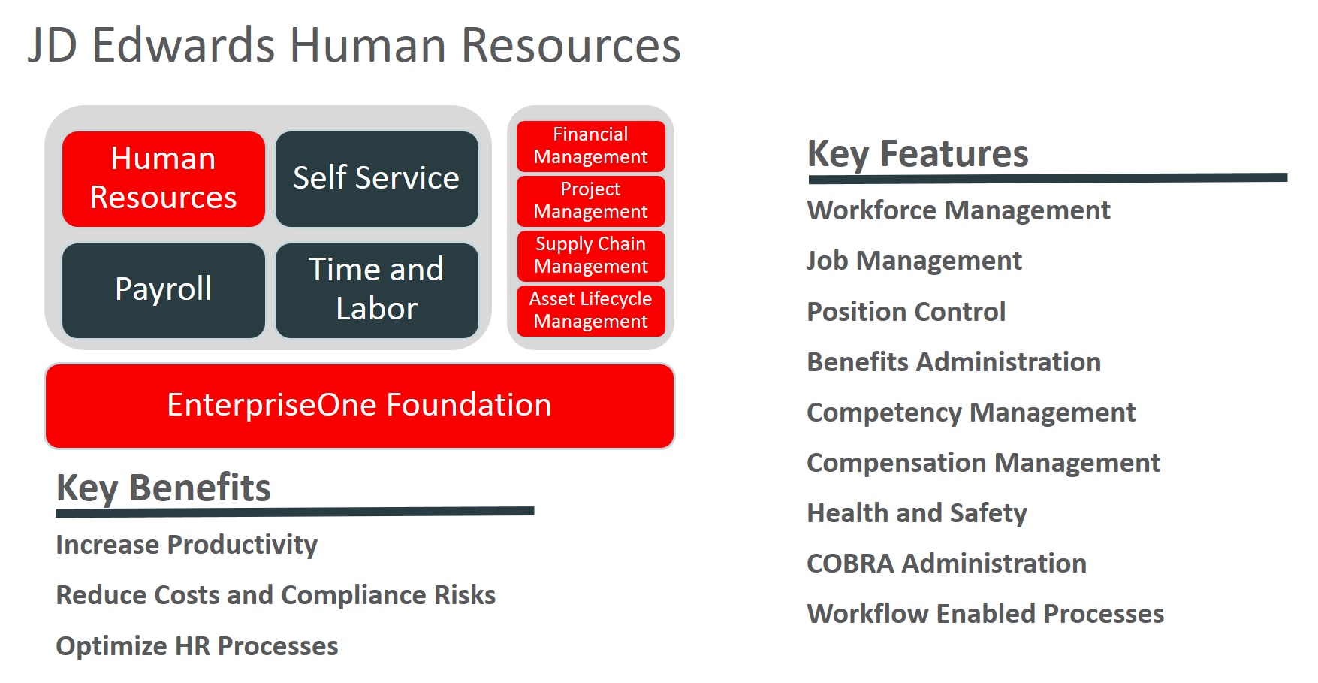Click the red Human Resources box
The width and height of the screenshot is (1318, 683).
click(164, 179)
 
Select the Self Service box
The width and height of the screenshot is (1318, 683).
click(377, 179)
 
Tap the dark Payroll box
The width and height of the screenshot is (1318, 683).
click(164, 291)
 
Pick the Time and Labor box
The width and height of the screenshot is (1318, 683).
click(377, 291)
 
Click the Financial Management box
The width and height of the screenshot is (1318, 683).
click(591, 147)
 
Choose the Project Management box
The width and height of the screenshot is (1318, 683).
click(591, 201)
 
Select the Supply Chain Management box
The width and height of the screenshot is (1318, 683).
click(591, 256)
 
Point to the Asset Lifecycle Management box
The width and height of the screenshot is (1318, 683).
click(591, 311)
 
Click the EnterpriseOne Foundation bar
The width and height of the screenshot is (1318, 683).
click(360, 406)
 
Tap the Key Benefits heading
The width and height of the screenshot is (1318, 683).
click(164, 488)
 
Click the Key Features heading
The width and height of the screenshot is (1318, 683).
click(918, 155)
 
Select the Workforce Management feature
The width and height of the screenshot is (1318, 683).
click(958, 211)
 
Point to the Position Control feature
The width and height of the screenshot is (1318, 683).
click(906, 312)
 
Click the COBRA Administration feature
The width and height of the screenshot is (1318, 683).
click(946, 564)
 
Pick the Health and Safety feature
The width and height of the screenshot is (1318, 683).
click(917, 513)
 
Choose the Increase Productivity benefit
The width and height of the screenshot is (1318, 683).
click(187, 545)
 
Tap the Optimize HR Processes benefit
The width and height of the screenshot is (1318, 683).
click(198, 646)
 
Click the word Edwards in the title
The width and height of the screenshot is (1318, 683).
click(184, 45)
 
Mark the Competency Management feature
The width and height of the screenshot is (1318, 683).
click(971, 413)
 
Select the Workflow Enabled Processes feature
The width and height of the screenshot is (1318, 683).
click(985, 614)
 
